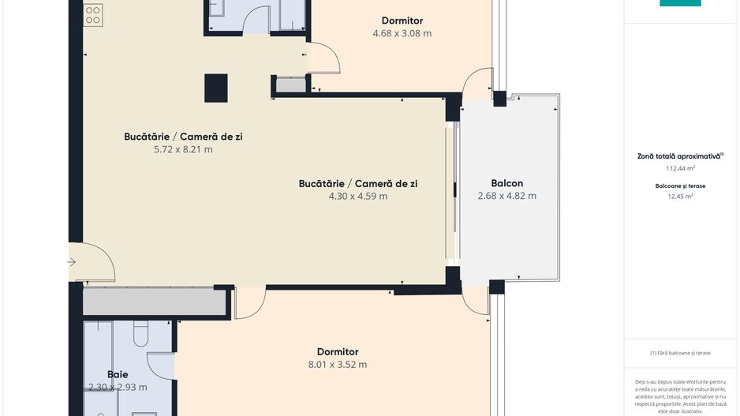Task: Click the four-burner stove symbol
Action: [x=93, y=13]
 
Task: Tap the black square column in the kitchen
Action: [x=216, y=88]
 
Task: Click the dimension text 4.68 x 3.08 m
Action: [x=402, y=34]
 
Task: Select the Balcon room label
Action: [x=506, y=183]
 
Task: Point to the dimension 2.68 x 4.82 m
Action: [x=506, y=196]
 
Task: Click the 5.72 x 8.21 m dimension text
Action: [x=183, y=149]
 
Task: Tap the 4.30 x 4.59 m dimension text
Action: [x=358, y=197]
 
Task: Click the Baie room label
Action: [x=118, y=374]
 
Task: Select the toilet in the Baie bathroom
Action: [x=141, y=334]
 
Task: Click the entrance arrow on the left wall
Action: [x=72, y=262]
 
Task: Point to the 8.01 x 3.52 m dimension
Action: [x=338, y=365]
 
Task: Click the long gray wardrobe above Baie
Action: [x=155, y=302]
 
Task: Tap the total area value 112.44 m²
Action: [x=680, y=168]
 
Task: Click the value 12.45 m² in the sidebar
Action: [x=680, y=197]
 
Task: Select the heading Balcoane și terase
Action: [x=680, y=186]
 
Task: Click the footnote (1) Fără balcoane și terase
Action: [x=680, y=353]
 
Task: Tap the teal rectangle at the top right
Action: [x=680, y=3]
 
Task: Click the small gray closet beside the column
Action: [x=290, y=84]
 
